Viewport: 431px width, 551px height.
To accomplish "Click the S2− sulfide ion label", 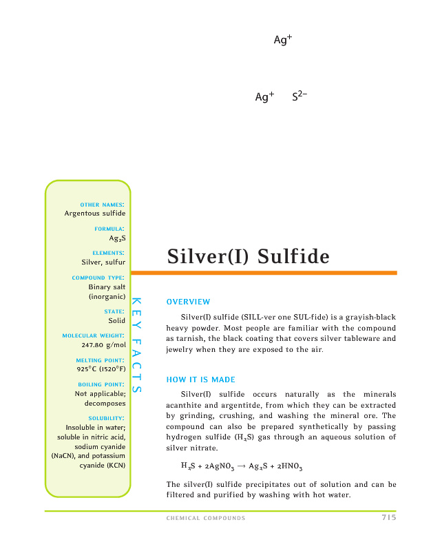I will [299, 97].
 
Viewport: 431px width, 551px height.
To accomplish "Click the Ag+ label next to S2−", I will [264, 97].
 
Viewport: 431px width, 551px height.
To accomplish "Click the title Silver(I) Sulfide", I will [249, 257].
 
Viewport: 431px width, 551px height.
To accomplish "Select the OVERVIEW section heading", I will [188, 302].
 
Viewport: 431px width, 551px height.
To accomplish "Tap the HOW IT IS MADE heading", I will [201, 380].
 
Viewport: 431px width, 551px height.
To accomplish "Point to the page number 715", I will [388, 518].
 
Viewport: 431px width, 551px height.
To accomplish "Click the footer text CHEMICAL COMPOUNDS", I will [206, 518].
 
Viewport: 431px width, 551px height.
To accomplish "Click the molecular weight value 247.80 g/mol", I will [103, 344].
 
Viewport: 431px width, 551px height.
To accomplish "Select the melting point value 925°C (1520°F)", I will [101, 368].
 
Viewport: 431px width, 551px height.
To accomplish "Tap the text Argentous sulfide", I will [95, 214].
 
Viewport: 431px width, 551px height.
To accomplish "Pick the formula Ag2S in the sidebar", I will [117, 238].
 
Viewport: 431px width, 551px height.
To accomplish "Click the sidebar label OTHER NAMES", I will [102, 205].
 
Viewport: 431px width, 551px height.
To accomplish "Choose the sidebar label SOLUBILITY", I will [106, 418].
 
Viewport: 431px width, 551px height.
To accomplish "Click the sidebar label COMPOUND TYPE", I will [98, 278].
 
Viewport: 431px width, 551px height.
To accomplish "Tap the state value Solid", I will [116, 320].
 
